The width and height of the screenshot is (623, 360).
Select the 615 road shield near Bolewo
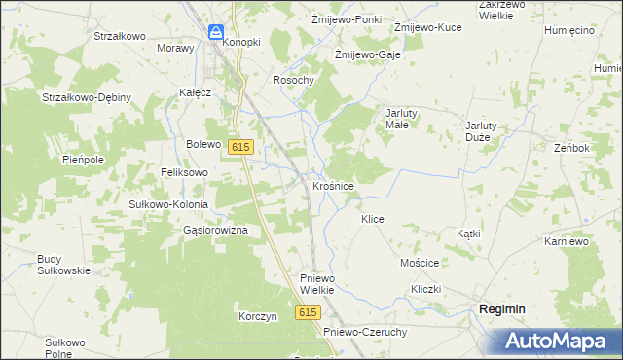tap(242, 146)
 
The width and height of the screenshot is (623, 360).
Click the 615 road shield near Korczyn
tap(309, 311)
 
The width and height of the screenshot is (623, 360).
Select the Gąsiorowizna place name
tap(215, 230)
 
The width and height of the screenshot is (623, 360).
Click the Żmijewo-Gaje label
tap(367, 54)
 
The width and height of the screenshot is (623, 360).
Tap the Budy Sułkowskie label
tap(63, 265)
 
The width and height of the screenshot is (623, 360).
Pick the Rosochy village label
tap(293, 80)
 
